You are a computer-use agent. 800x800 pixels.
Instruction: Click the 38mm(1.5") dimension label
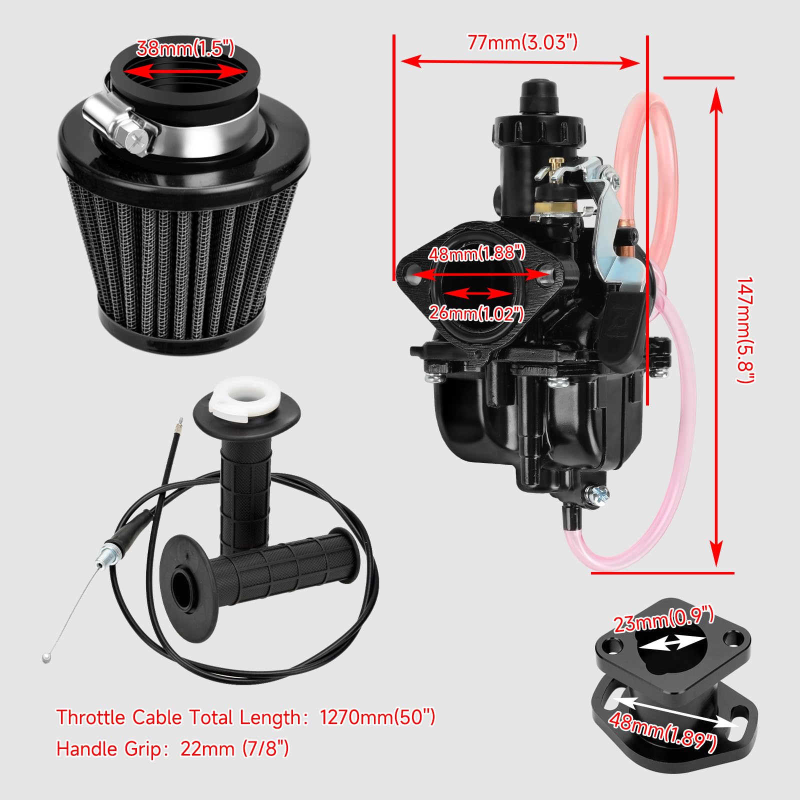point(185,48)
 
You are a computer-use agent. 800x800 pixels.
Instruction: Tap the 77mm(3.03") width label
point(522,42)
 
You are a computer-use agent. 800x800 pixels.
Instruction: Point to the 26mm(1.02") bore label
point(476,313)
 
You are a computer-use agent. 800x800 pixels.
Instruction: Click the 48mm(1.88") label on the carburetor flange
point(476,253)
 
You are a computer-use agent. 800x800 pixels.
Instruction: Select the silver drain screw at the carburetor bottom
point(597,495)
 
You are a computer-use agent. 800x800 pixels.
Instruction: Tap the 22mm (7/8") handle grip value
point(234,749)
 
